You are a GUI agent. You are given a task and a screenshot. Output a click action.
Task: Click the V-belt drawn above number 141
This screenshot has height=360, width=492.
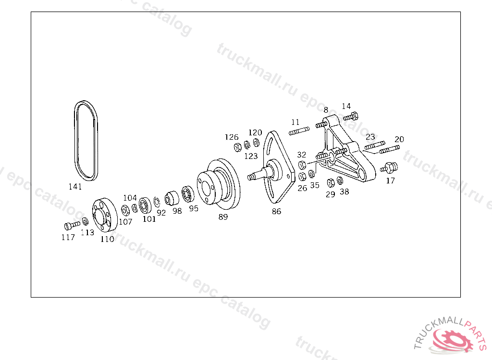click(x=75, y=141)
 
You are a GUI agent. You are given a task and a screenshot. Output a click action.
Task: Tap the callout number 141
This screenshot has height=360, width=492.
click(x=75, y=187)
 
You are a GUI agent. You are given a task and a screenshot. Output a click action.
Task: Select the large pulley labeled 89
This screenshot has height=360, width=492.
click(x=219, y=184)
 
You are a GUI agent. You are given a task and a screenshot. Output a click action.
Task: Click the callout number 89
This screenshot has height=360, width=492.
click(x=223, y=216)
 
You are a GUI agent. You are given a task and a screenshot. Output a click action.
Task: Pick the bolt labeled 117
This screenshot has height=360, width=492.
click(x=72, y=225)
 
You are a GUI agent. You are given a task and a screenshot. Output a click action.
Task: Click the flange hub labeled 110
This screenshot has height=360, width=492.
click(x=104, y=215)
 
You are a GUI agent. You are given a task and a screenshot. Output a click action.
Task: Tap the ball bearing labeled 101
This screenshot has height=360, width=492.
click(x=145, y=205)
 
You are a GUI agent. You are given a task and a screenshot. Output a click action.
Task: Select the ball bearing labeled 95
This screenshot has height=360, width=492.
click(x=188, y=194)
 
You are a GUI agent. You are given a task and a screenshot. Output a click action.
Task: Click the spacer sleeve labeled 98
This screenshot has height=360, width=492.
click(x=172, y=198)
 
